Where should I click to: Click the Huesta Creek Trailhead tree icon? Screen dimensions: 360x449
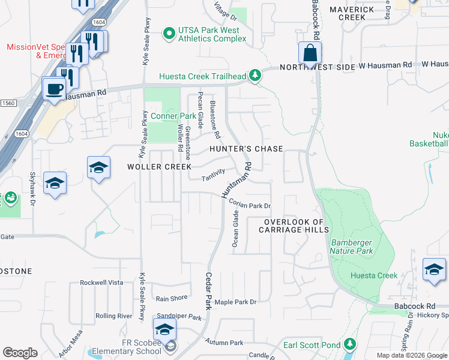click(256, 75)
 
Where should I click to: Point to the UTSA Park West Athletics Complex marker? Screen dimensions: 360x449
click(170, 34)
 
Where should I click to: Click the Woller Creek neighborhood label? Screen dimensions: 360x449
click(159, 166)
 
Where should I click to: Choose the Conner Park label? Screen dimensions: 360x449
click(165, 116)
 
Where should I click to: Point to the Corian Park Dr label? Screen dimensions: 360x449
click(250, 205)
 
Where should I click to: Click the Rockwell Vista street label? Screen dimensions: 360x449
click(101, 283)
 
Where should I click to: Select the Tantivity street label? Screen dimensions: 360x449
click(213, 176)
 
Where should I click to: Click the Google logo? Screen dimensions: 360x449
click(20, 353)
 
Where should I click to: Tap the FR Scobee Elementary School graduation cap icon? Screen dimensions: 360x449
click(164, 329)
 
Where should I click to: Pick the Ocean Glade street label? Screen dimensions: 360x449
click(235, 228)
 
